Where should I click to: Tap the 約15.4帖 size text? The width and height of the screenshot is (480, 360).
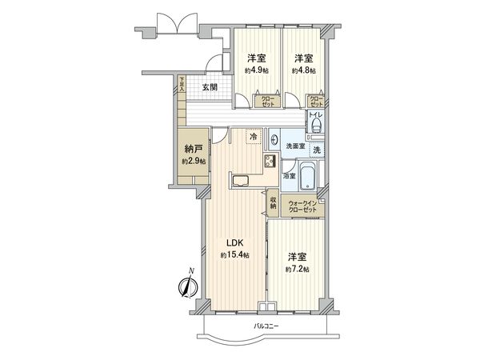pyautogui.click(x=234, y=255)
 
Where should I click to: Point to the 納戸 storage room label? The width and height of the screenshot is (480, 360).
pyautogui.click(x=193, y=149)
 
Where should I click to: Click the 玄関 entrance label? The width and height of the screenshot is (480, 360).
pyautogui.click(x=210, y=87)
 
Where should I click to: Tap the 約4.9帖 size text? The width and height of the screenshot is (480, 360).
pyautogui.click(x=256, y=70)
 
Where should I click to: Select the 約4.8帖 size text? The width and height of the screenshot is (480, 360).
pyautogui.click(x=303, y=70)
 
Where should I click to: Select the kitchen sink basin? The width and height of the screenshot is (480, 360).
pyautogui.click(x=240, y=180)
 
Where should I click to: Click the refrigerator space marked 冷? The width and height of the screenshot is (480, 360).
pyautogui.click(x=254, y=137)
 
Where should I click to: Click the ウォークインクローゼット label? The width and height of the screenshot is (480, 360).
pyautogui.click(x=303, y=206)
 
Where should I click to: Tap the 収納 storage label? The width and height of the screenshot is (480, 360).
pyautogui.click(x=273, y=203)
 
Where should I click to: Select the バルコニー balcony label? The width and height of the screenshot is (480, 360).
pyautogui.click(x=266, y=326)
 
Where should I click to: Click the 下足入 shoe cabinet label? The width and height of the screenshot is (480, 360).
pyautogui.click(x=182, y=83)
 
